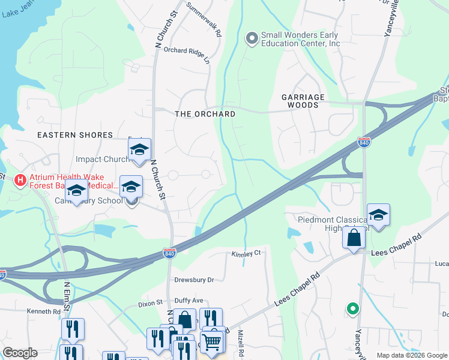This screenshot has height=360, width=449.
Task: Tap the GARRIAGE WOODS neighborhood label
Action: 303,101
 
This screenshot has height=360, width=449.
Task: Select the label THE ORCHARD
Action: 205,114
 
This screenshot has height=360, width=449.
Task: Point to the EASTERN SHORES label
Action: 75,135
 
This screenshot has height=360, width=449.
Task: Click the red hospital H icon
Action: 20,180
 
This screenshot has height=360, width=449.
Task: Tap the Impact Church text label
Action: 103,159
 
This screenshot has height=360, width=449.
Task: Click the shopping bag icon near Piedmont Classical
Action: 354,238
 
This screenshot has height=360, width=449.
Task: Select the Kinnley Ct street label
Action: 246,254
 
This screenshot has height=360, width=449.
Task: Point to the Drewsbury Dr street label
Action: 194,280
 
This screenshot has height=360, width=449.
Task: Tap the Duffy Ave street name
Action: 189,300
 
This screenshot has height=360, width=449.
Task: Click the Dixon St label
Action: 151,304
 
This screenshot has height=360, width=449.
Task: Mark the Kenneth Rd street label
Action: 43,311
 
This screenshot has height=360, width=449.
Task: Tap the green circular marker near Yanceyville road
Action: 353,309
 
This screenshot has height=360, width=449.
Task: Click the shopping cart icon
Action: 212,342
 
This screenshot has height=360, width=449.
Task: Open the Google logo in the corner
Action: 20,353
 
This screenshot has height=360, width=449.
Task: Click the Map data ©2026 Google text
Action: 411,355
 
